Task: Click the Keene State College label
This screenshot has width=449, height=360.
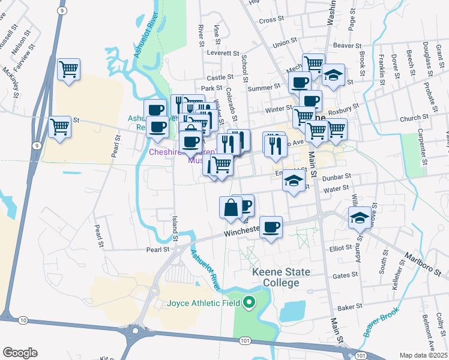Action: pyautogui.click(x=281, y=278)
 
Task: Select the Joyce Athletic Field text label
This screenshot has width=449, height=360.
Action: pyautogui.click(x=203, y=303)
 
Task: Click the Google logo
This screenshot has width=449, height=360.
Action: pyautogui.click(x=20, y=353)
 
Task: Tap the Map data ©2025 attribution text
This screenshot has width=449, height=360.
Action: pyautogui.click(x=424, y=355)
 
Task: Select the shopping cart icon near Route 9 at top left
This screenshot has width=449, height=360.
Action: pyautogui.click(x=68, y=69)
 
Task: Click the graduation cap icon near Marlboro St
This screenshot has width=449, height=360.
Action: pyautogui.click(x=360, y=217)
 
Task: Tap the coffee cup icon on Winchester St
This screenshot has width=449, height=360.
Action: pyautogui.click(x=271, y=226)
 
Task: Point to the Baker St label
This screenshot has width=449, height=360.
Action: pyautogui.click(x=346, y=308)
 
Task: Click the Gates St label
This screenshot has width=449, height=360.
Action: pyautogui.click(x=345, y=275)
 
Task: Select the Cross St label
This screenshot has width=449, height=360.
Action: pyautogui.click(x=271, y=20)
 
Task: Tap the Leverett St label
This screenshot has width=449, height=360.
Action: pyautogui.click(x=223, y=53)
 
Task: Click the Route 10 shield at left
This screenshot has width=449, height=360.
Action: pyautogui.click(x=23, y=321)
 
